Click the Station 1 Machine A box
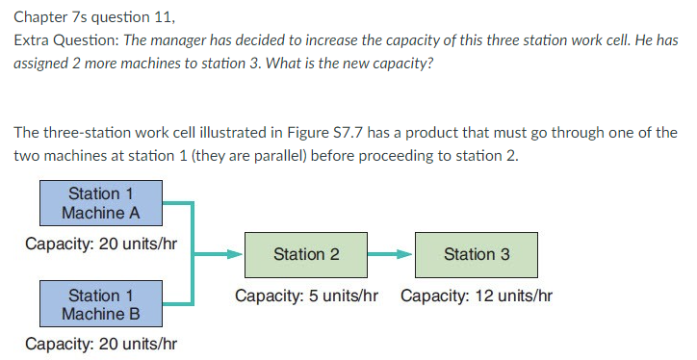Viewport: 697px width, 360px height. [100, 203]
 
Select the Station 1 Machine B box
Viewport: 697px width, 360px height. [100, 304]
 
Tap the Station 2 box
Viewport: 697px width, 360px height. [306, 254]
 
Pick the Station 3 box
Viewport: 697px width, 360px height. [477, 254]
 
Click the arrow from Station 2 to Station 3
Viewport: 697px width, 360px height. [390, 255]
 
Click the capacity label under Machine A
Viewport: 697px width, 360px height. [100, 244]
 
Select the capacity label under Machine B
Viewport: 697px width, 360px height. [100, 344]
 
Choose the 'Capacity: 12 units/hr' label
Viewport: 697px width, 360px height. [477, 296]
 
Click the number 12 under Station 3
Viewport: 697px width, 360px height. [485, 296]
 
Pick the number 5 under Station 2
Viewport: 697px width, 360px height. [311, 296]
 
